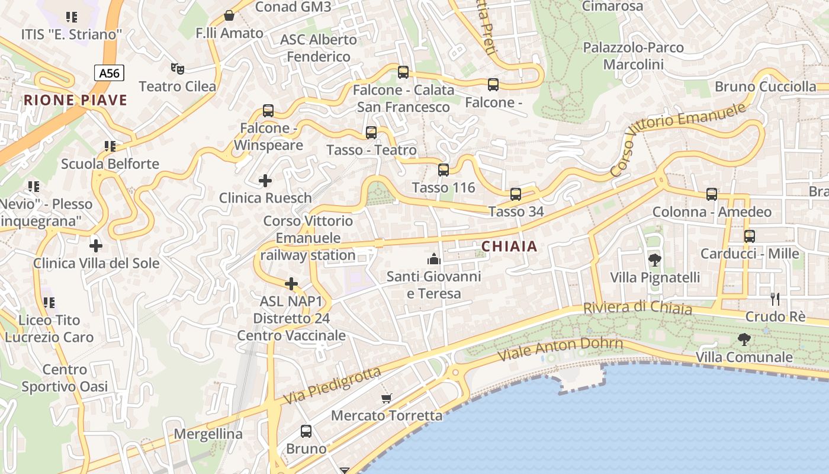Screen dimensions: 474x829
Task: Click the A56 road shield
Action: click(x=109, y=73)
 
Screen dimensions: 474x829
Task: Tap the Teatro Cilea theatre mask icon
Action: click(x=177, y=69)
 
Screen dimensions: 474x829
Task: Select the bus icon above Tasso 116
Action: click(x=444, y=170)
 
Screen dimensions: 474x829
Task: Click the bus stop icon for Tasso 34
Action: click(x=516, y=194)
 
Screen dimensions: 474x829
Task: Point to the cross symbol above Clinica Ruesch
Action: click(x=265, y=180)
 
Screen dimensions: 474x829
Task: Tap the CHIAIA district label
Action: click(x=509, y=246)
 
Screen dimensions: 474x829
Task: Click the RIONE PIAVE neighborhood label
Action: click(x=75, y=100)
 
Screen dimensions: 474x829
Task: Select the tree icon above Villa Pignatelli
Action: click(x=655, y=260)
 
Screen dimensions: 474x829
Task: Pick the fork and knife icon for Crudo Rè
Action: click(x=775, y=299)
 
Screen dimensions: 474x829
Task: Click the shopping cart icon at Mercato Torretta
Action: click(x=387, y=398)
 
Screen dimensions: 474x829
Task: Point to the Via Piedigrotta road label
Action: click(x=332, y=386)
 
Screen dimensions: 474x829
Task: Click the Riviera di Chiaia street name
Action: click(x=637, y=308)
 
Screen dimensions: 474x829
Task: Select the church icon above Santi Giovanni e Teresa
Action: click(x=434, y=259)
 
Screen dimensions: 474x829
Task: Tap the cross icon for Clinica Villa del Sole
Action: click(x=96, y=245)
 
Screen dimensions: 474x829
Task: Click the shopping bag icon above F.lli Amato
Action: click(x=229, y=15)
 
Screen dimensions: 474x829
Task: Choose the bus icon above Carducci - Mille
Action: click(x=750, y=236)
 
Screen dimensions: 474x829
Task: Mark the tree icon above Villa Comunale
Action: click(x=744, y=340)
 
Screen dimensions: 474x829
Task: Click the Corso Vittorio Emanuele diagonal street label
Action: click(x=677, y=140)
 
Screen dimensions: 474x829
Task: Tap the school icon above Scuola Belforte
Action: click(x=110, y=146)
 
